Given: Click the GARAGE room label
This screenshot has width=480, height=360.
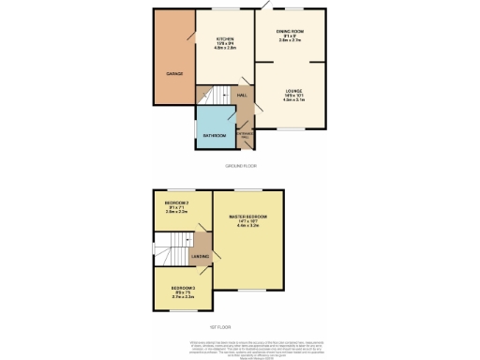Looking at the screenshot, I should pos(174,73).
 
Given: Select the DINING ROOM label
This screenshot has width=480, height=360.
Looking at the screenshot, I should pos(291,31).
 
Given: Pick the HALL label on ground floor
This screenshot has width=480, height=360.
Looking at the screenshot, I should pos(242,96).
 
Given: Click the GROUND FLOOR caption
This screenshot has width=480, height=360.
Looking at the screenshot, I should pos(240,165).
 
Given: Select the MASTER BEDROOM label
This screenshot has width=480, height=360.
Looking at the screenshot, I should pos(249,217).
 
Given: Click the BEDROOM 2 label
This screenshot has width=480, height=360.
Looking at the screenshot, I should pos(177,203).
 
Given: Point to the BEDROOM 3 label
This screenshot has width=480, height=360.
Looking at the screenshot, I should pos(182,288).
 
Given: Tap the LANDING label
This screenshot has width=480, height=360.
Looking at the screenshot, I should pos(199,256).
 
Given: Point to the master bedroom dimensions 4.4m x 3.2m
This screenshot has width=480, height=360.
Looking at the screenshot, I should pos(249,228).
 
